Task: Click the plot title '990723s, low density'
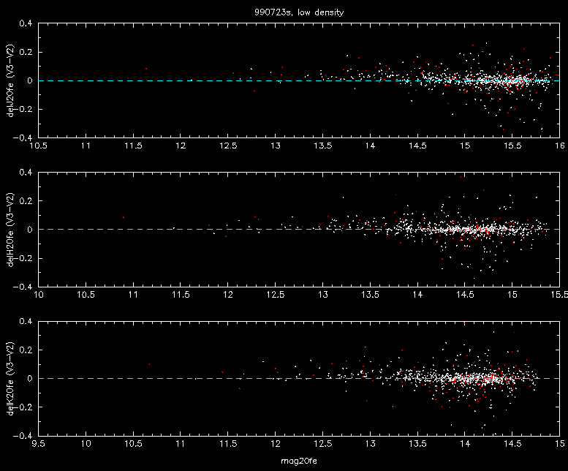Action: pyautogui.click(x=299, y=12)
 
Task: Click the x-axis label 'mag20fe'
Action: pyautogui.click(x=299, y=461)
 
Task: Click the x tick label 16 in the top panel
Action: pyautogui.click(x=560, y=146)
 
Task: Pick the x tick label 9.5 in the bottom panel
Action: pyautogui.click(x=39, y=444)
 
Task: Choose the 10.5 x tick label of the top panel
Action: pyautogui.click(x=39, y=146)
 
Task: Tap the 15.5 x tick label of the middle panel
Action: pyautogui.click(x=560, y=295)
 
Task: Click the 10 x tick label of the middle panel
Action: pyautogui.click(x=39, y=295)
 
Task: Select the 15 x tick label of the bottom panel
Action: pyautogui.click(x=560, y=444)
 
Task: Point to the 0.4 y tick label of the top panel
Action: pyautogui.click(x=26, y=23)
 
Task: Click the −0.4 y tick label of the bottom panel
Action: pyautogui.click(x=23, y=435)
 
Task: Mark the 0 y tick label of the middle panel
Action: pyautogui.click(x=30, y=230)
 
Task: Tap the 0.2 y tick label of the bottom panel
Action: pyautogui.click(x=26, y=350)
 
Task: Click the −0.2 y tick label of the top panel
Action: pyautogui.click(x=23, y=109)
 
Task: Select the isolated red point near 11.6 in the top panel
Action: pyautogui.click(x=146, y=69)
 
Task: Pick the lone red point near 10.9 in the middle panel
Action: pyautogui.click(x=124, y=217)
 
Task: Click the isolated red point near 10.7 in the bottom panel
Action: pyautogui.click(x=149, y=364)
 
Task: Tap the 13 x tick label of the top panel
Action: pyautogui.click(x=276, y=146)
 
